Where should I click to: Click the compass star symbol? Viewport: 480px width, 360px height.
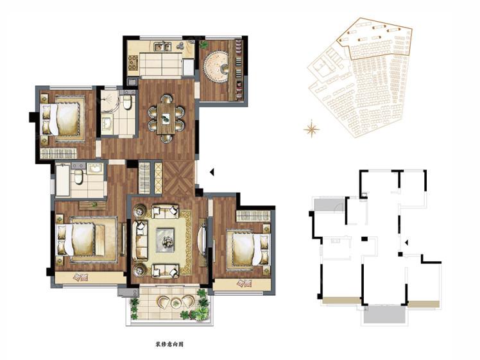point(311,129)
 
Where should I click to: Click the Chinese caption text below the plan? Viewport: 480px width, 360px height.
point(169,345)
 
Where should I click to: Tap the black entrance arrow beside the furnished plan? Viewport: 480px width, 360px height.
point(212,173)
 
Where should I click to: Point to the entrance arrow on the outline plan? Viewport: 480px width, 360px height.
point(406,243)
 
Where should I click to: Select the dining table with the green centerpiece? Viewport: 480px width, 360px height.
point(166,119)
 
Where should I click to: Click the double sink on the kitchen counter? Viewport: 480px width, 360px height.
point(162,47)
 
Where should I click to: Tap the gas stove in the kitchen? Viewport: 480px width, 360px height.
point(133,62)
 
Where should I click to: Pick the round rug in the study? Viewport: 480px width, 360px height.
point(216,67)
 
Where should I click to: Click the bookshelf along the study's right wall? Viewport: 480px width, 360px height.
point(239,70)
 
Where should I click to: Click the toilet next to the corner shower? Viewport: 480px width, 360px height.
point(127,102)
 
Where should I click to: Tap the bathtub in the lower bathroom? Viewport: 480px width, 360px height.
point(63,180)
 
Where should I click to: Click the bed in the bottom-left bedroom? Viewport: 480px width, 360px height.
point(87,240)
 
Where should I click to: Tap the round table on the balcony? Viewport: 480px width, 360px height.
point(175,303)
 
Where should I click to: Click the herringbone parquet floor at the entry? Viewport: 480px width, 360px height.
point(179,177)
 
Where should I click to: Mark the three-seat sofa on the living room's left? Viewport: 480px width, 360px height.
point(140,241)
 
